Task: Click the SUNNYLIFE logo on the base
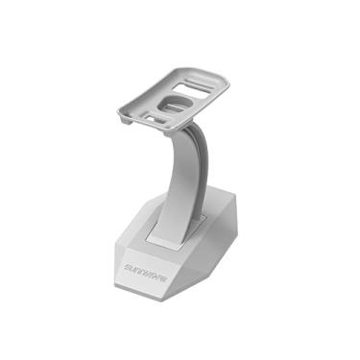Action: [x=146, y=262]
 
